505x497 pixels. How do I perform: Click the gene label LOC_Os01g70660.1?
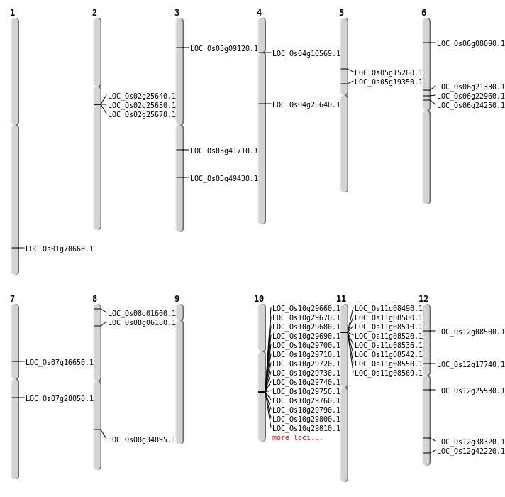click(60, 249)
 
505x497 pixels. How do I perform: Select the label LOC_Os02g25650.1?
click(142, 106)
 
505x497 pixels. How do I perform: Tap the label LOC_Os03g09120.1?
click(224, 49)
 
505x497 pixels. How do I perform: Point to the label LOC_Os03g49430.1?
click(224, 179)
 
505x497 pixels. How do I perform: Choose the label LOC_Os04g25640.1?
click(306, 105)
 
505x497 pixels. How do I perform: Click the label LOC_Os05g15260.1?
click(389, 73)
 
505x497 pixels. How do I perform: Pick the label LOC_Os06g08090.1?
click(471, 44)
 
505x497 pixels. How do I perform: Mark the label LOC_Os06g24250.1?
click(471, 106)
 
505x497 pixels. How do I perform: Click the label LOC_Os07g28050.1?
click(60, 399)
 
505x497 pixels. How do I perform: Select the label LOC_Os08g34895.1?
click(142, 440)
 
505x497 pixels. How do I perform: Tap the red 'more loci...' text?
click(298, 438)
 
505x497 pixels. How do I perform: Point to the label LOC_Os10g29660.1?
click(306, 309)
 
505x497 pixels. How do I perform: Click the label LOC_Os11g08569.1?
click(389, 373)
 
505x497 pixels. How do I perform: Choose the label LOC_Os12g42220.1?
click(471, 452)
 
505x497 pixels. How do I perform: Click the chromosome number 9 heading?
click(177, 299)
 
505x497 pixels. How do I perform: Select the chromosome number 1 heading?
click(13, 13)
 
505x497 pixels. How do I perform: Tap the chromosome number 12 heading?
click(423, 299)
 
